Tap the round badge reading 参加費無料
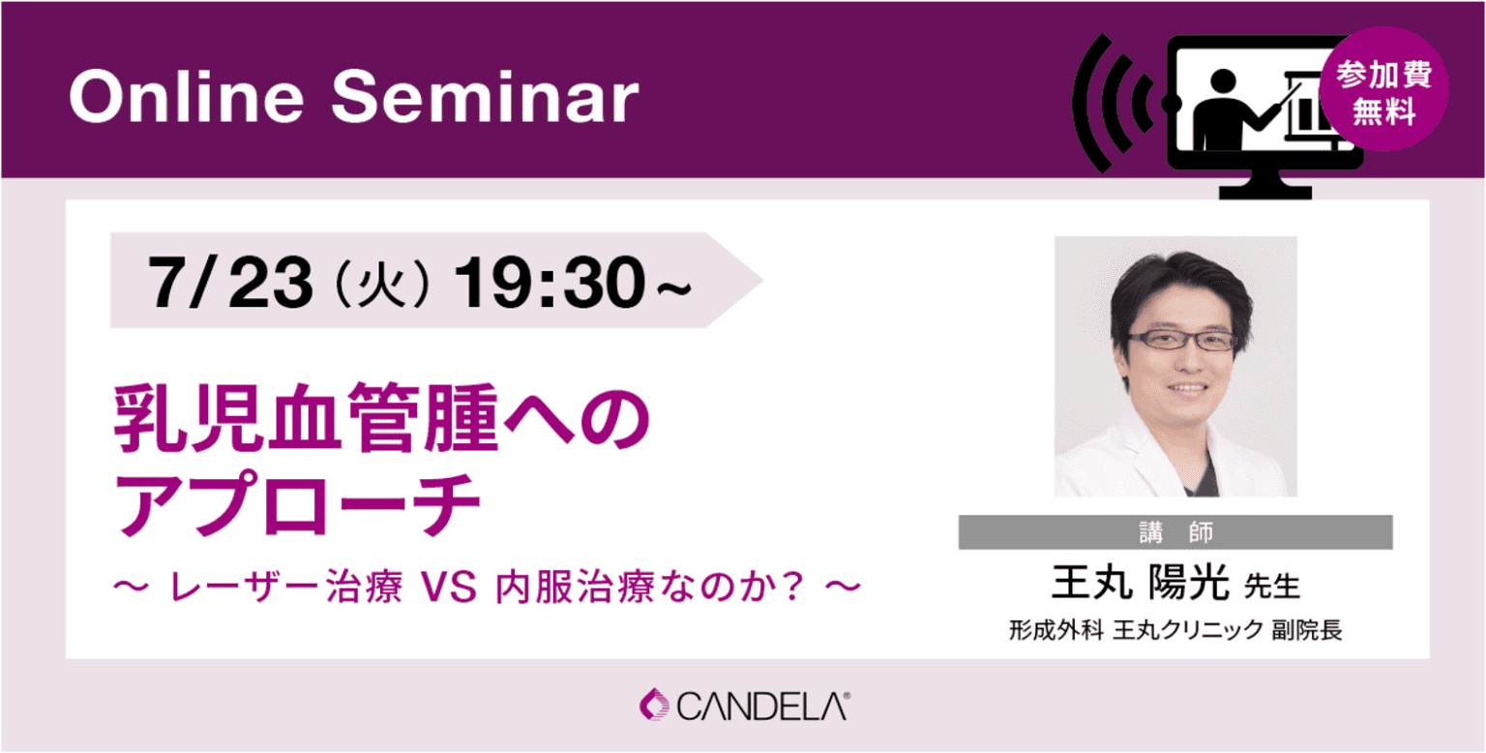1383,89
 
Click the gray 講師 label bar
1174,532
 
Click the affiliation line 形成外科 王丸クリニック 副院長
1174,631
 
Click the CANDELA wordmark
763,706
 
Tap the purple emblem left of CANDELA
654,705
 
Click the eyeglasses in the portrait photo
1182,341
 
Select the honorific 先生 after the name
1272,587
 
